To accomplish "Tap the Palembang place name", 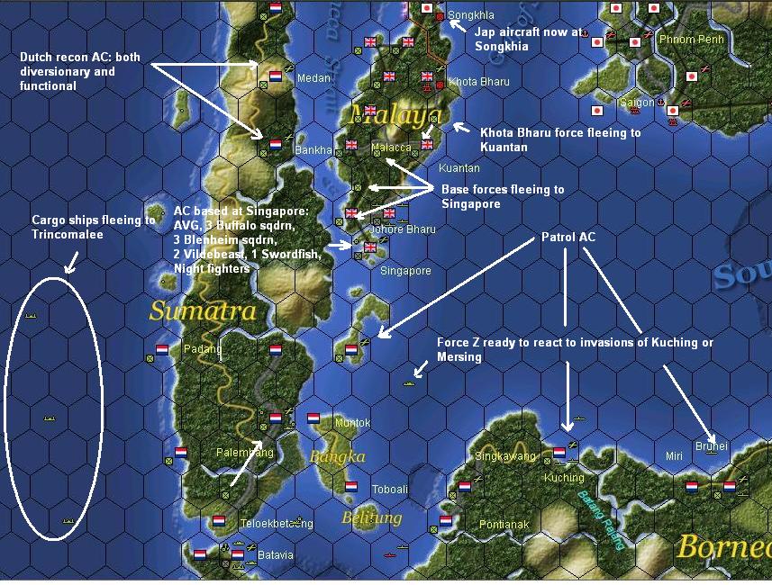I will tap(244, 453).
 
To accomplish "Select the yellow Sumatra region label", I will tap(203, 311).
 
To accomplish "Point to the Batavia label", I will tap(276, 555).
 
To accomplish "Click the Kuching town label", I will tap(564, 478).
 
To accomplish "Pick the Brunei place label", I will tap(711, 445).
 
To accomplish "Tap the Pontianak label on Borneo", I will tap(504, 525).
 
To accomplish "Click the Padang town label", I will tap(201, 349).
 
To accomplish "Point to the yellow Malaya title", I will tap(396, 113).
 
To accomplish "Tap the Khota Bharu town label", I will tap(478, 82).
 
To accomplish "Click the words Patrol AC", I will tap(567, 238).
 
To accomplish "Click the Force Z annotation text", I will tap(575, 349).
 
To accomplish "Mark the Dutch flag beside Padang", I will tap(162, 348).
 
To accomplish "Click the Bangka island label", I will tap(338, 457).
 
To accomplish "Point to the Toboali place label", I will tap(389, 490).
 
